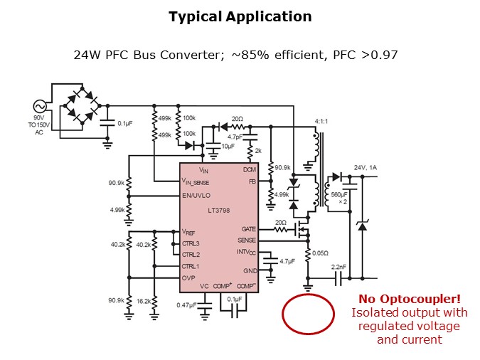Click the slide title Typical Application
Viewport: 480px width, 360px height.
tap(240, 16)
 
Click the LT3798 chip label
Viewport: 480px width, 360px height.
tap(218, 212)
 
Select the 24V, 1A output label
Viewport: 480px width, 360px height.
tap(368, 168)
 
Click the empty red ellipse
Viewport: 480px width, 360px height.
tap(309, 314)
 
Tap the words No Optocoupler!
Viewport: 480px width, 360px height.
tap(408, 299)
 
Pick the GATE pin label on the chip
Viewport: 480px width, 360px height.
tap(248, 230)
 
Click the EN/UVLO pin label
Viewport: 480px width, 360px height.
tap(197, 194)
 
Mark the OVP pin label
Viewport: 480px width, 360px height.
tap(188, 278)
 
